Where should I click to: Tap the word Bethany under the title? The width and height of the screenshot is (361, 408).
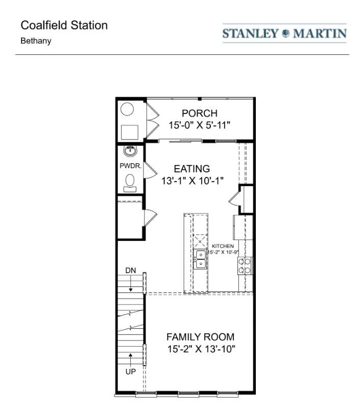pos(36,41)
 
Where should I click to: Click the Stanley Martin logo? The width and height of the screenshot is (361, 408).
pos(284,34)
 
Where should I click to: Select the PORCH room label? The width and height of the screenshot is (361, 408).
pos(200,113)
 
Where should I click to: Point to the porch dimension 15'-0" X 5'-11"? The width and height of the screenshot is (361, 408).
pos(200,125)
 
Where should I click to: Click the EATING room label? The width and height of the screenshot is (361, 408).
pos(191,168)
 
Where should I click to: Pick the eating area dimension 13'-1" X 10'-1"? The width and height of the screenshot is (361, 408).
pos(192,180)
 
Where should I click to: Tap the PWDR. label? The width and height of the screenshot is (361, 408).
pos(131,166)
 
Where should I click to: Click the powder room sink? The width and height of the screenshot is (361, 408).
pos(130,151)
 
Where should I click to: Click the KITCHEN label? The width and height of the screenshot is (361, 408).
pos(223,246)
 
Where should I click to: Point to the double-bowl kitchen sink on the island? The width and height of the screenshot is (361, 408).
pos(201,259)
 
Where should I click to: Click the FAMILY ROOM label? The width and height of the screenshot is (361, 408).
pos(200,337)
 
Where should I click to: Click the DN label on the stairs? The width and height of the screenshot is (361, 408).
pos(131,270)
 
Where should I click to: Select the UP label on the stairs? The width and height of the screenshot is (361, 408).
pos(131,372)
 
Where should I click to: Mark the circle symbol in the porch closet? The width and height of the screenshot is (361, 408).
pos(128,110)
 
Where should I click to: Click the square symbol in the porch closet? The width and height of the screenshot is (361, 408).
pos(130,132)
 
